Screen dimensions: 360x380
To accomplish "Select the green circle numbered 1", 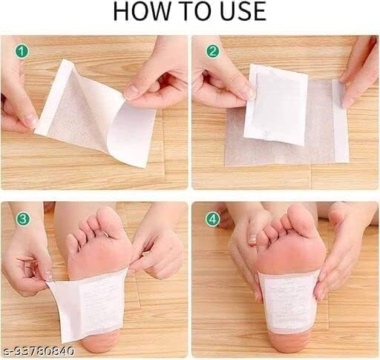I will [x=22, y=52].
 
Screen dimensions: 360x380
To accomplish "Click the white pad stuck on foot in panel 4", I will [x=289, y=301].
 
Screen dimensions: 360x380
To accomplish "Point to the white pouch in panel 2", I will [x=275, y=103].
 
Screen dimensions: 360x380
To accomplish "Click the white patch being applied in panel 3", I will [x=89, y=304].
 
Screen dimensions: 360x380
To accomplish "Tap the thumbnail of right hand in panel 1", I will [x=131, y=92].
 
